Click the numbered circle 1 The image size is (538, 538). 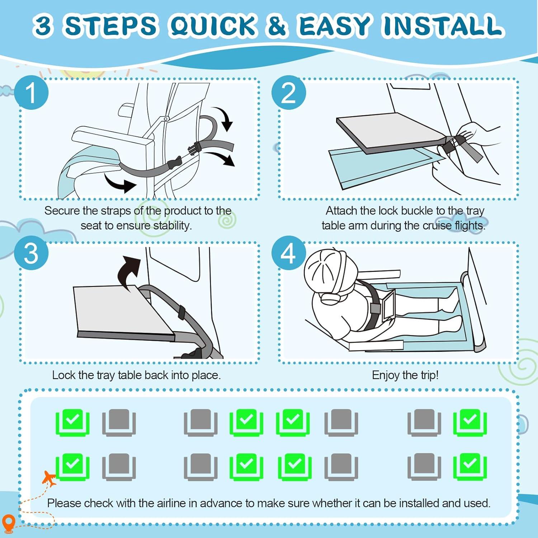pos(31,93)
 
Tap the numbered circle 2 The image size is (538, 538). pos(288,93)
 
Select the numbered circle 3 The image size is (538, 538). pos(31,253)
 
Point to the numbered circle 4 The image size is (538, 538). pos(288,253)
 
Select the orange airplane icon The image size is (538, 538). pos(49,478)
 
